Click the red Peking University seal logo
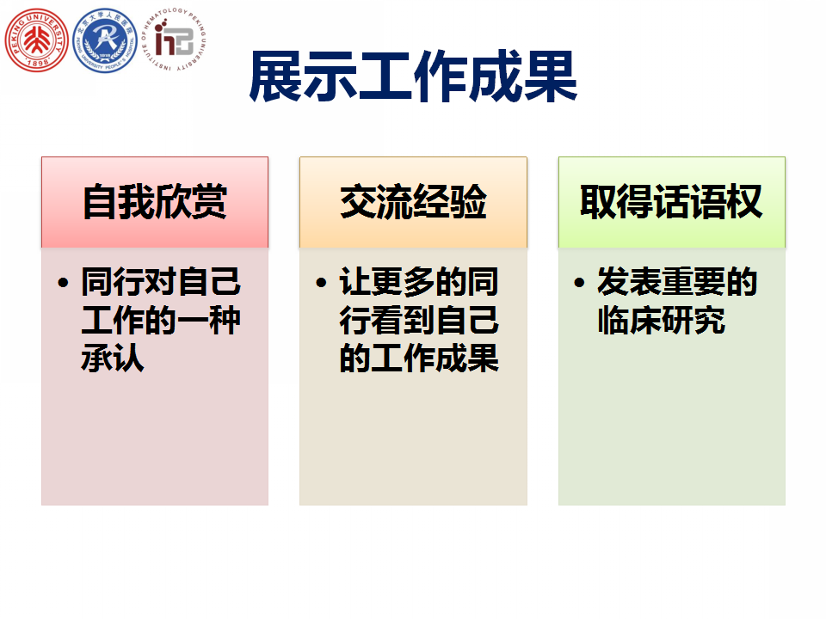coord(36,40)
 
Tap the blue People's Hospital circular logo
coord(105,40)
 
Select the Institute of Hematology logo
coord(174,40)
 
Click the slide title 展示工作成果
coord(413,76)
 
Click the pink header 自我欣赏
coord(155,201)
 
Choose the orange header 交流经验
coord(413,201)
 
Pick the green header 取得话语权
coord(671,201)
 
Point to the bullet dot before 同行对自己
coord(63,283)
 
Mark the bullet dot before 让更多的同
coord(321,283)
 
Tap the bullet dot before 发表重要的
coord(579,283)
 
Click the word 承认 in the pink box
coord(113,358)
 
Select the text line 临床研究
coord(662,320)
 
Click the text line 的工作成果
coord(419,358)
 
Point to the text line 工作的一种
coord(161,320)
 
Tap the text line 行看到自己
coord(419,320)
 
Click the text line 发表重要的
coord(677,282)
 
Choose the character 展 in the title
coord(275,76)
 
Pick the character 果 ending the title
coord(551,76)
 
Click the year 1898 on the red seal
coord(37,63)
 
